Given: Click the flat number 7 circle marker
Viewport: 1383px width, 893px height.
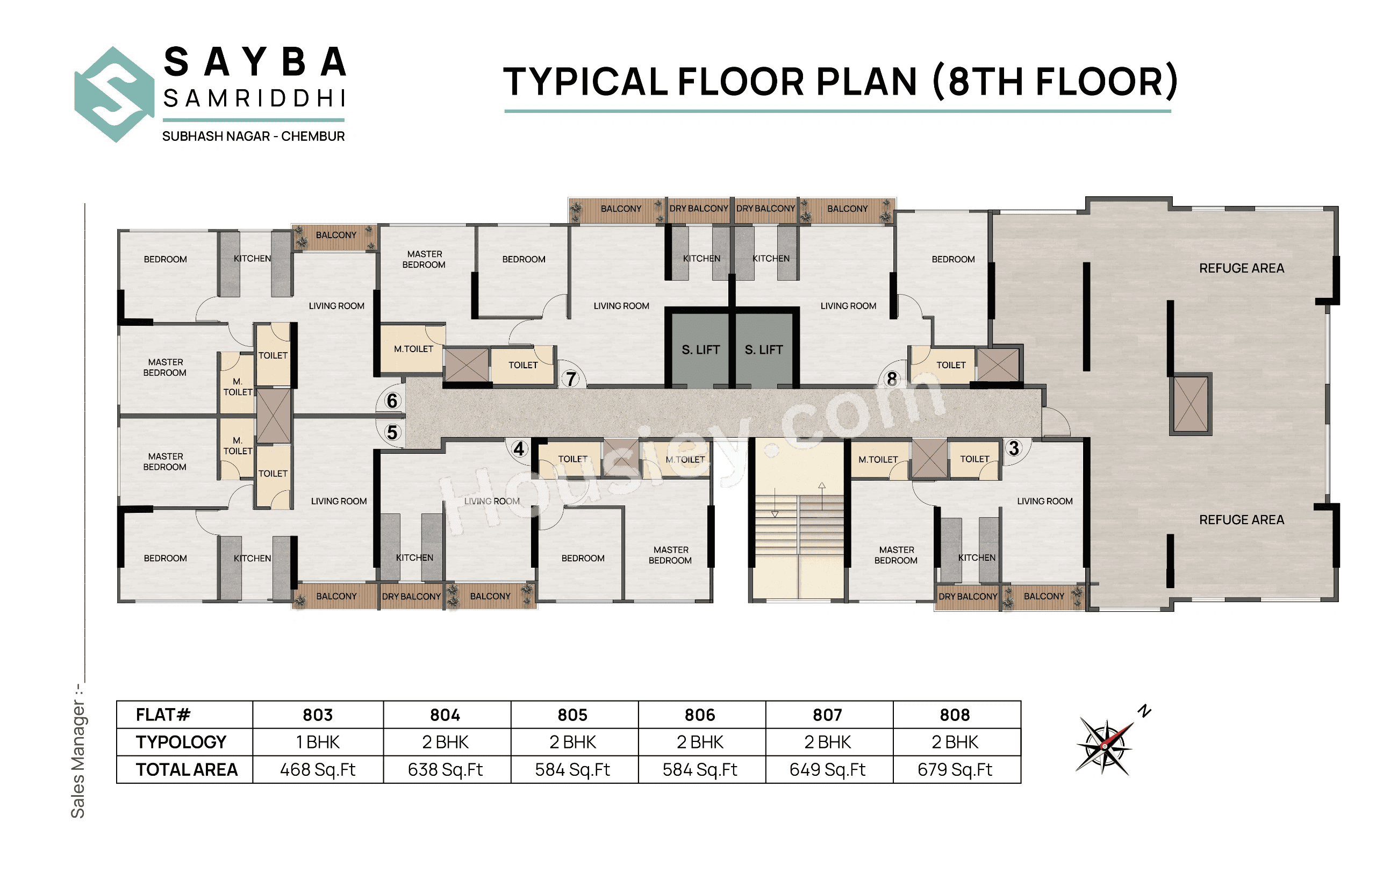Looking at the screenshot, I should (x=570, y=378).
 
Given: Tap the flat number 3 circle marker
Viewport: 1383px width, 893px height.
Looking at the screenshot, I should (x=1013, y=448).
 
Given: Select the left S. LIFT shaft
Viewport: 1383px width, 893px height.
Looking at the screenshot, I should (x=700, y=349).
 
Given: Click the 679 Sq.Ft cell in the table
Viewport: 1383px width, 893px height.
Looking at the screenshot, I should (x=954, y=769).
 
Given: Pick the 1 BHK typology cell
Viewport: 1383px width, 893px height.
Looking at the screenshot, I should (x=317, y=742).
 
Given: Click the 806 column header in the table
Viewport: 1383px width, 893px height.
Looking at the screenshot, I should (x=699, y=715).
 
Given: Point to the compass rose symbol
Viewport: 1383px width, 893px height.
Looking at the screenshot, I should (x=1105, y=747).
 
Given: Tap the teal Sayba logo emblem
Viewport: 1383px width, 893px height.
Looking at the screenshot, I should (x=113, y=95).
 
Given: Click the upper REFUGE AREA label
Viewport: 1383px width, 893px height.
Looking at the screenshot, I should (x=1241, y=268).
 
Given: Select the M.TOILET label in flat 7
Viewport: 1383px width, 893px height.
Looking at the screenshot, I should (x=413, y=349).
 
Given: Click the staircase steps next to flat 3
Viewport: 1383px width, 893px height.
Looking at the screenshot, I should (x=798, y=525).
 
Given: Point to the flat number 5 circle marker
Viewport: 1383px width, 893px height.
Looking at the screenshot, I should (x=392, y=433).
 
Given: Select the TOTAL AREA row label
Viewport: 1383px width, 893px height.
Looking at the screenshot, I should (x=186, y=769).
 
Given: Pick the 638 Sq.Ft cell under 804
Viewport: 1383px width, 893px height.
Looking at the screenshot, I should (x=445, y=769).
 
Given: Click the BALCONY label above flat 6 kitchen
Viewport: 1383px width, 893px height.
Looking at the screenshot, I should (x=335, y=235).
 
